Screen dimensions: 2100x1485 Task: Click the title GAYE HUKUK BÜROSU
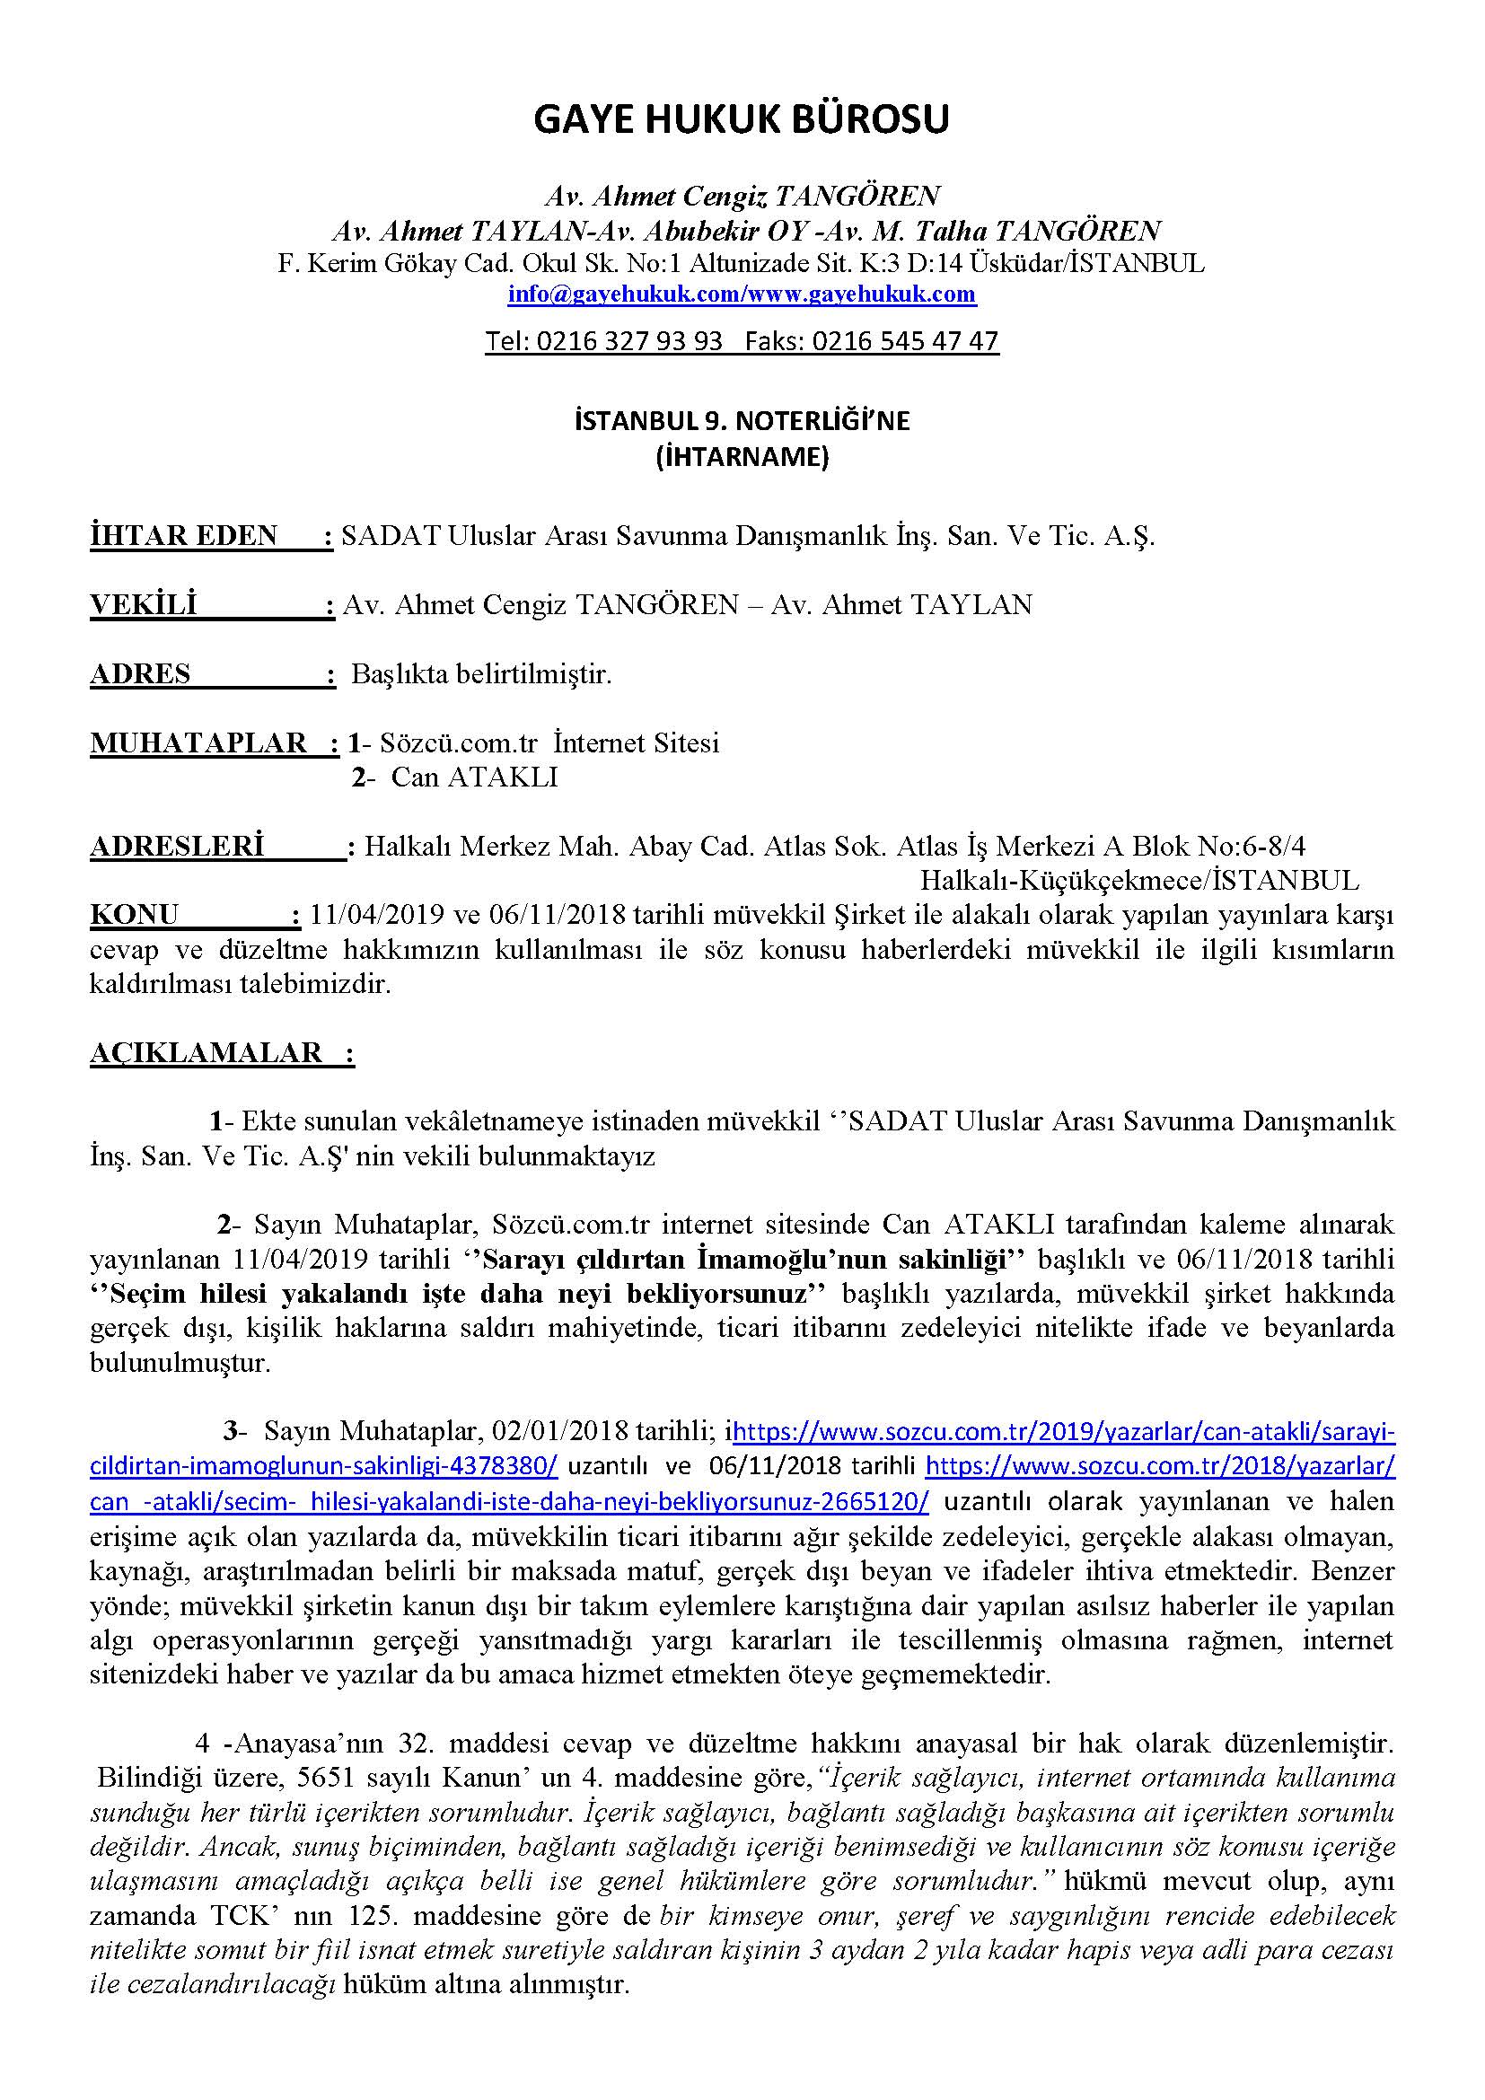click(742, 119)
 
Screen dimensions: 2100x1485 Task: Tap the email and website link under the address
click(742, 294)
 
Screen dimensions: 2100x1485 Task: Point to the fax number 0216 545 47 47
click(904, 341)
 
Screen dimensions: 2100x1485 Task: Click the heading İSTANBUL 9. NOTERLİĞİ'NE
click(742, 422)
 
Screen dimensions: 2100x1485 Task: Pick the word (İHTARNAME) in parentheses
click(742, 456)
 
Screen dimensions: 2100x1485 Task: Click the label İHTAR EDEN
click(184, 536)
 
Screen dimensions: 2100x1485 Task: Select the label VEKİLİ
click(144, 604)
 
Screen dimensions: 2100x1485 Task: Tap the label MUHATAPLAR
click(198, 742)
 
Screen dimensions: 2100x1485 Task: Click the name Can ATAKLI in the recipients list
click(474, 778)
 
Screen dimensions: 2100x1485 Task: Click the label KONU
click(135, 915)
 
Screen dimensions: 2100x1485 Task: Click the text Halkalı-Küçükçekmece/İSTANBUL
click(1138, 881)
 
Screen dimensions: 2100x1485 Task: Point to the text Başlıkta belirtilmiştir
click(482, 674)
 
